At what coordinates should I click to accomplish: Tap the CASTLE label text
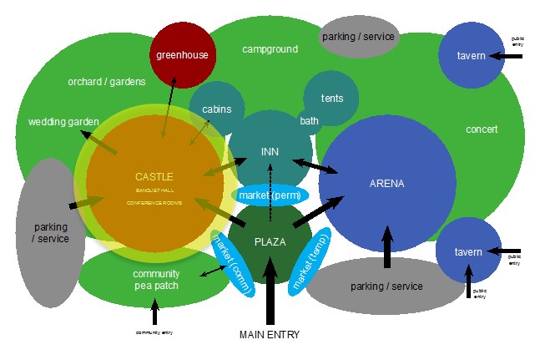tap(154, 177)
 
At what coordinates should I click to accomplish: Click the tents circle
tap(331, 99)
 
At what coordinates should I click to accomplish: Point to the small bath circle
tap(309, 121)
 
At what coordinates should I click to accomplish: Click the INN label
tap(270, 151)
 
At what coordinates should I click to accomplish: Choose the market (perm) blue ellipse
tap(270, 195)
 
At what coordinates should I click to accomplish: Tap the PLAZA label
tap(270, 241)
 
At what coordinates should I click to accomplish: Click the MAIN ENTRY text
tap(269, 335)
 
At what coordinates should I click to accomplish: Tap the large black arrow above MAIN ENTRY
tap(270, 292)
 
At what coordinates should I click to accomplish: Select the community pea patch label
tap(155, 280)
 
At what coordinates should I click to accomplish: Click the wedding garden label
tap(63, 122)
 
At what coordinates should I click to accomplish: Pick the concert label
tap(482, 129)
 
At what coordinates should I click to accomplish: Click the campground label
tap(270, 49)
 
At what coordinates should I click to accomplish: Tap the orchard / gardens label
tap(107, 82)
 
